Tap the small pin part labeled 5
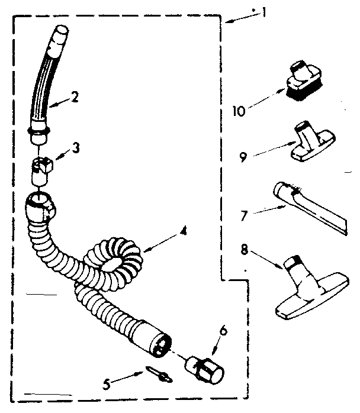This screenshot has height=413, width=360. pos(156,374)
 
